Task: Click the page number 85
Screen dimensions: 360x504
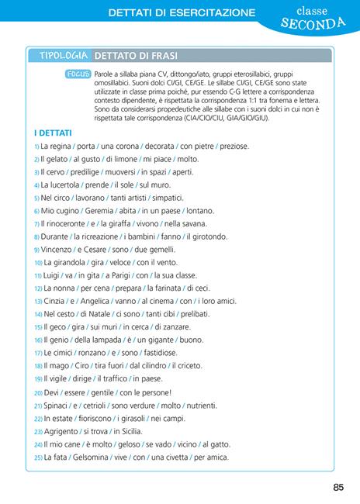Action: pos(337,487)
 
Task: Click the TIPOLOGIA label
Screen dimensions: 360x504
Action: pos(64,57)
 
